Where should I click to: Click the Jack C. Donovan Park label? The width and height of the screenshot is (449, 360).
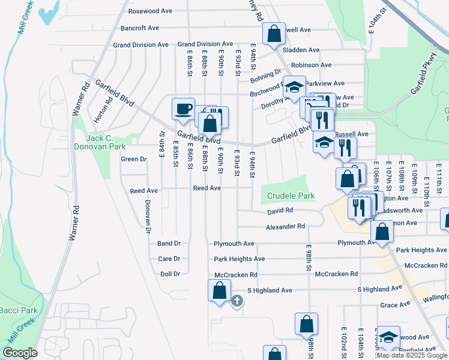(92, 142)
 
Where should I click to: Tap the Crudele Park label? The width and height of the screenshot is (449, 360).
(291, 196)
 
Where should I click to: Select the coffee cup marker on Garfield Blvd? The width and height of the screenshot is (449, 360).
(183, 110)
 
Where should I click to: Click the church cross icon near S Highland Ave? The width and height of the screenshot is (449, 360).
(237, 301)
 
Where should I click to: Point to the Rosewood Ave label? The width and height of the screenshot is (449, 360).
(150, 11)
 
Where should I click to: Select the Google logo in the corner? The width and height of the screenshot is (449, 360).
(20, 352)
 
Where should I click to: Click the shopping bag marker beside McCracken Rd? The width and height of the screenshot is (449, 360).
(219, 290)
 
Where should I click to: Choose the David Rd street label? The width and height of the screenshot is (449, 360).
(280, 211)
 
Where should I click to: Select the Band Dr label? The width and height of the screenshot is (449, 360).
(169, 244)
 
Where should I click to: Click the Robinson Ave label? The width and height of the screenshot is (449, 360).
(311, 65)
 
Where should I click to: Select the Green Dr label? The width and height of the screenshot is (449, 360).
(134, 159)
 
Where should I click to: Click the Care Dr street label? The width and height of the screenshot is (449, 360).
(169, 259)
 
